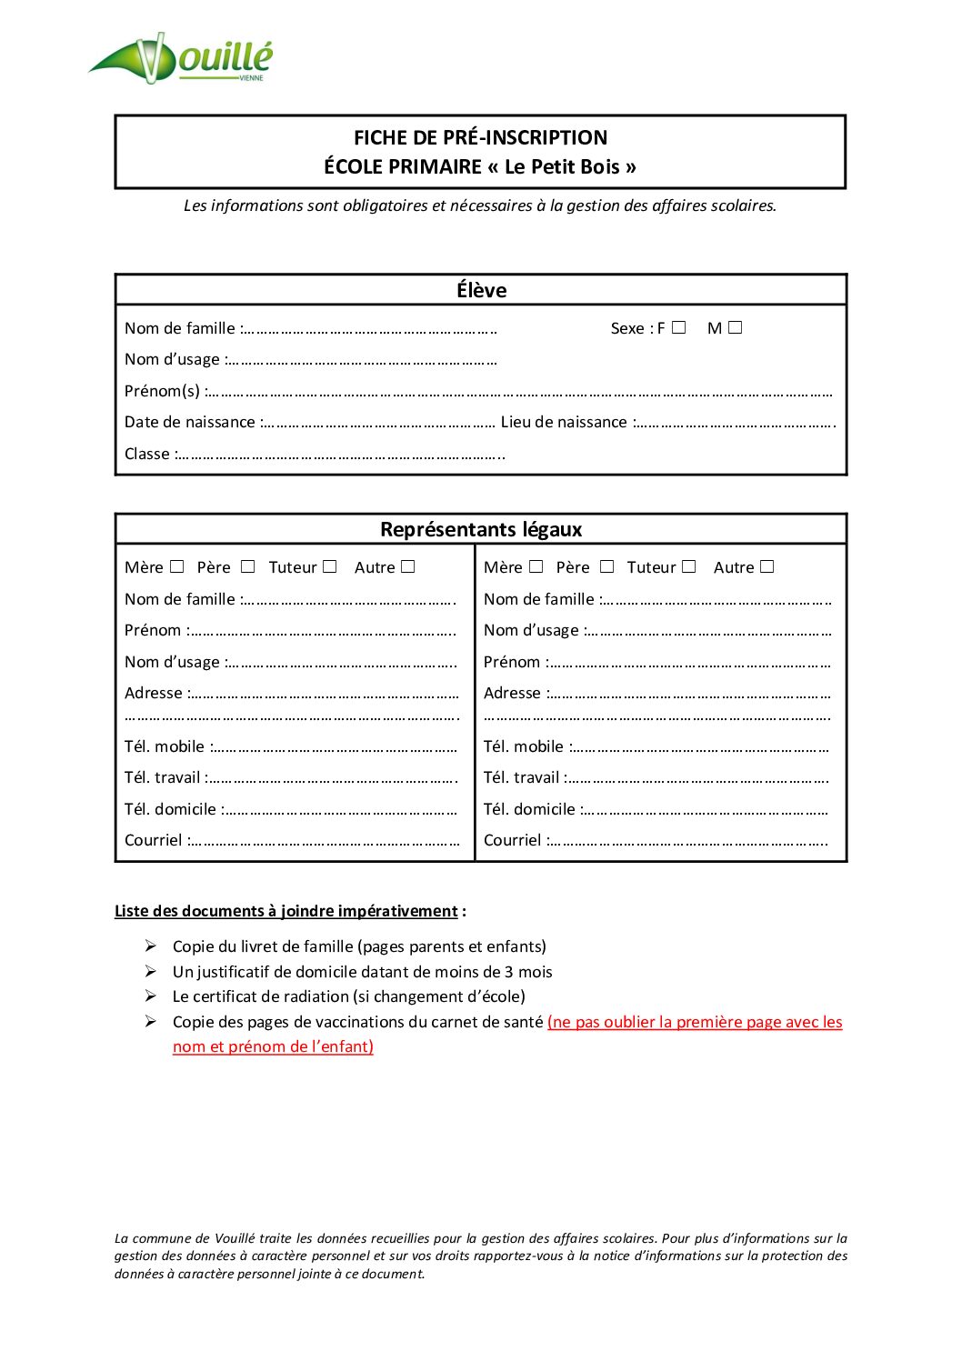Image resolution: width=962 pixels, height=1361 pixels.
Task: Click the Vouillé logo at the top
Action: point(181,58)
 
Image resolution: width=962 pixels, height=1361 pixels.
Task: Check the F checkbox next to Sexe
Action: point(678,327)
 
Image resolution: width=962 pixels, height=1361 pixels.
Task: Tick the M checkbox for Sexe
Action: point(735,327)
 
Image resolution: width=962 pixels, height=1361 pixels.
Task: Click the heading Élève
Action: point(481,290)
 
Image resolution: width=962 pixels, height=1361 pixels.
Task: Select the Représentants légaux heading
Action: point(481,529)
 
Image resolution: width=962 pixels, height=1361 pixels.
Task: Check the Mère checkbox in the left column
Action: point(177,566)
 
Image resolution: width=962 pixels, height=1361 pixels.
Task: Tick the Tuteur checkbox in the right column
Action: point(689,566)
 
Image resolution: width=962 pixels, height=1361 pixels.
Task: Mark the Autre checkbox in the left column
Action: point(408,566)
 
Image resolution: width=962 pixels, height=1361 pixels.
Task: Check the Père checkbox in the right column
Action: point(606,566)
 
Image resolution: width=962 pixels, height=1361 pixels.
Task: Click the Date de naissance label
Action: point(190,422)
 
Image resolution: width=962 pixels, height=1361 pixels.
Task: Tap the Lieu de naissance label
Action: point(564,422)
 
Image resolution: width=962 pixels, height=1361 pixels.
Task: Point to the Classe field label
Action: point(147,454)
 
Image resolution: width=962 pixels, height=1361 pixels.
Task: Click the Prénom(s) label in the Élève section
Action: point(162,391)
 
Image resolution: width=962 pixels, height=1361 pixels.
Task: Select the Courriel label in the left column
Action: point(154,840)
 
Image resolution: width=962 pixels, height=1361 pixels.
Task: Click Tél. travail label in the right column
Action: point(522,777)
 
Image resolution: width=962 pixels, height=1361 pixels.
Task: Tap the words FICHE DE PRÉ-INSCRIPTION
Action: point(480,137)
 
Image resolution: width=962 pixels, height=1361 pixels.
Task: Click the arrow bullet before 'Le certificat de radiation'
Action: point(151,996)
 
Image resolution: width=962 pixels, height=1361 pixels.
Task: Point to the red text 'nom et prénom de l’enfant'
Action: point(273,1046)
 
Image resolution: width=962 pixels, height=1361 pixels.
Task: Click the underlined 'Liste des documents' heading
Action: point(286,911)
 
